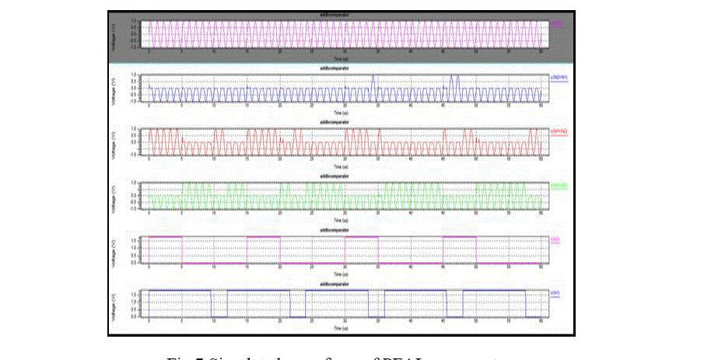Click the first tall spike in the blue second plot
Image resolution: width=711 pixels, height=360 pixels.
[x=373, y=78]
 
